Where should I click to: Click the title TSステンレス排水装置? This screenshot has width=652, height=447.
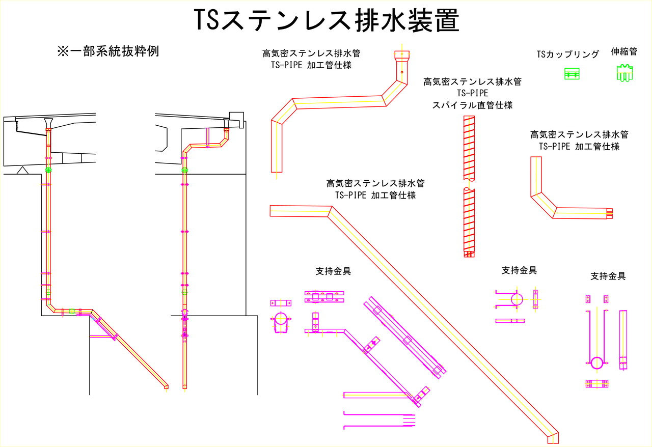point(327,20)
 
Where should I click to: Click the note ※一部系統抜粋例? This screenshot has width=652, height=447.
point(108,51)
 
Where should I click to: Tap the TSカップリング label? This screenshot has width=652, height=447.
point(567,54)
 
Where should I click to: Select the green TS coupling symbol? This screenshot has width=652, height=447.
point(572,74)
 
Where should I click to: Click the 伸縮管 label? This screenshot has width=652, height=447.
point(624,52)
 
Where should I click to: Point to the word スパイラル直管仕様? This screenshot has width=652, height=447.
point(472,105)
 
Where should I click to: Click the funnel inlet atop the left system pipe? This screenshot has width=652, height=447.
point(48,123)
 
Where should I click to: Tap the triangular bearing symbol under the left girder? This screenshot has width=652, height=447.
point(22,171)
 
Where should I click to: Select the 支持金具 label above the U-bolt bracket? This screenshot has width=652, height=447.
point(519,270)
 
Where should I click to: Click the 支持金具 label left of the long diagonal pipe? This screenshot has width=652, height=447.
point(333,271)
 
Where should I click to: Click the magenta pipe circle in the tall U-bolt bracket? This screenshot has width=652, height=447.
point(597,362)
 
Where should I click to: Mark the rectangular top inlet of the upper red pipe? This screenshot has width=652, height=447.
point(402,55)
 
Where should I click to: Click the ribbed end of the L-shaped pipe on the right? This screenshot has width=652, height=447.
point(610,213)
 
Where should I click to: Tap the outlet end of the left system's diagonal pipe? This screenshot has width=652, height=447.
point(166,387)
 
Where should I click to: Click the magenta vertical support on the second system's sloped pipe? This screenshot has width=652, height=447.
point(207,138)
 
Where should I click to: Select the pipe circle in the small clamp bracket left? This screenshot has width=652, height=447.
point(281,319)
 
